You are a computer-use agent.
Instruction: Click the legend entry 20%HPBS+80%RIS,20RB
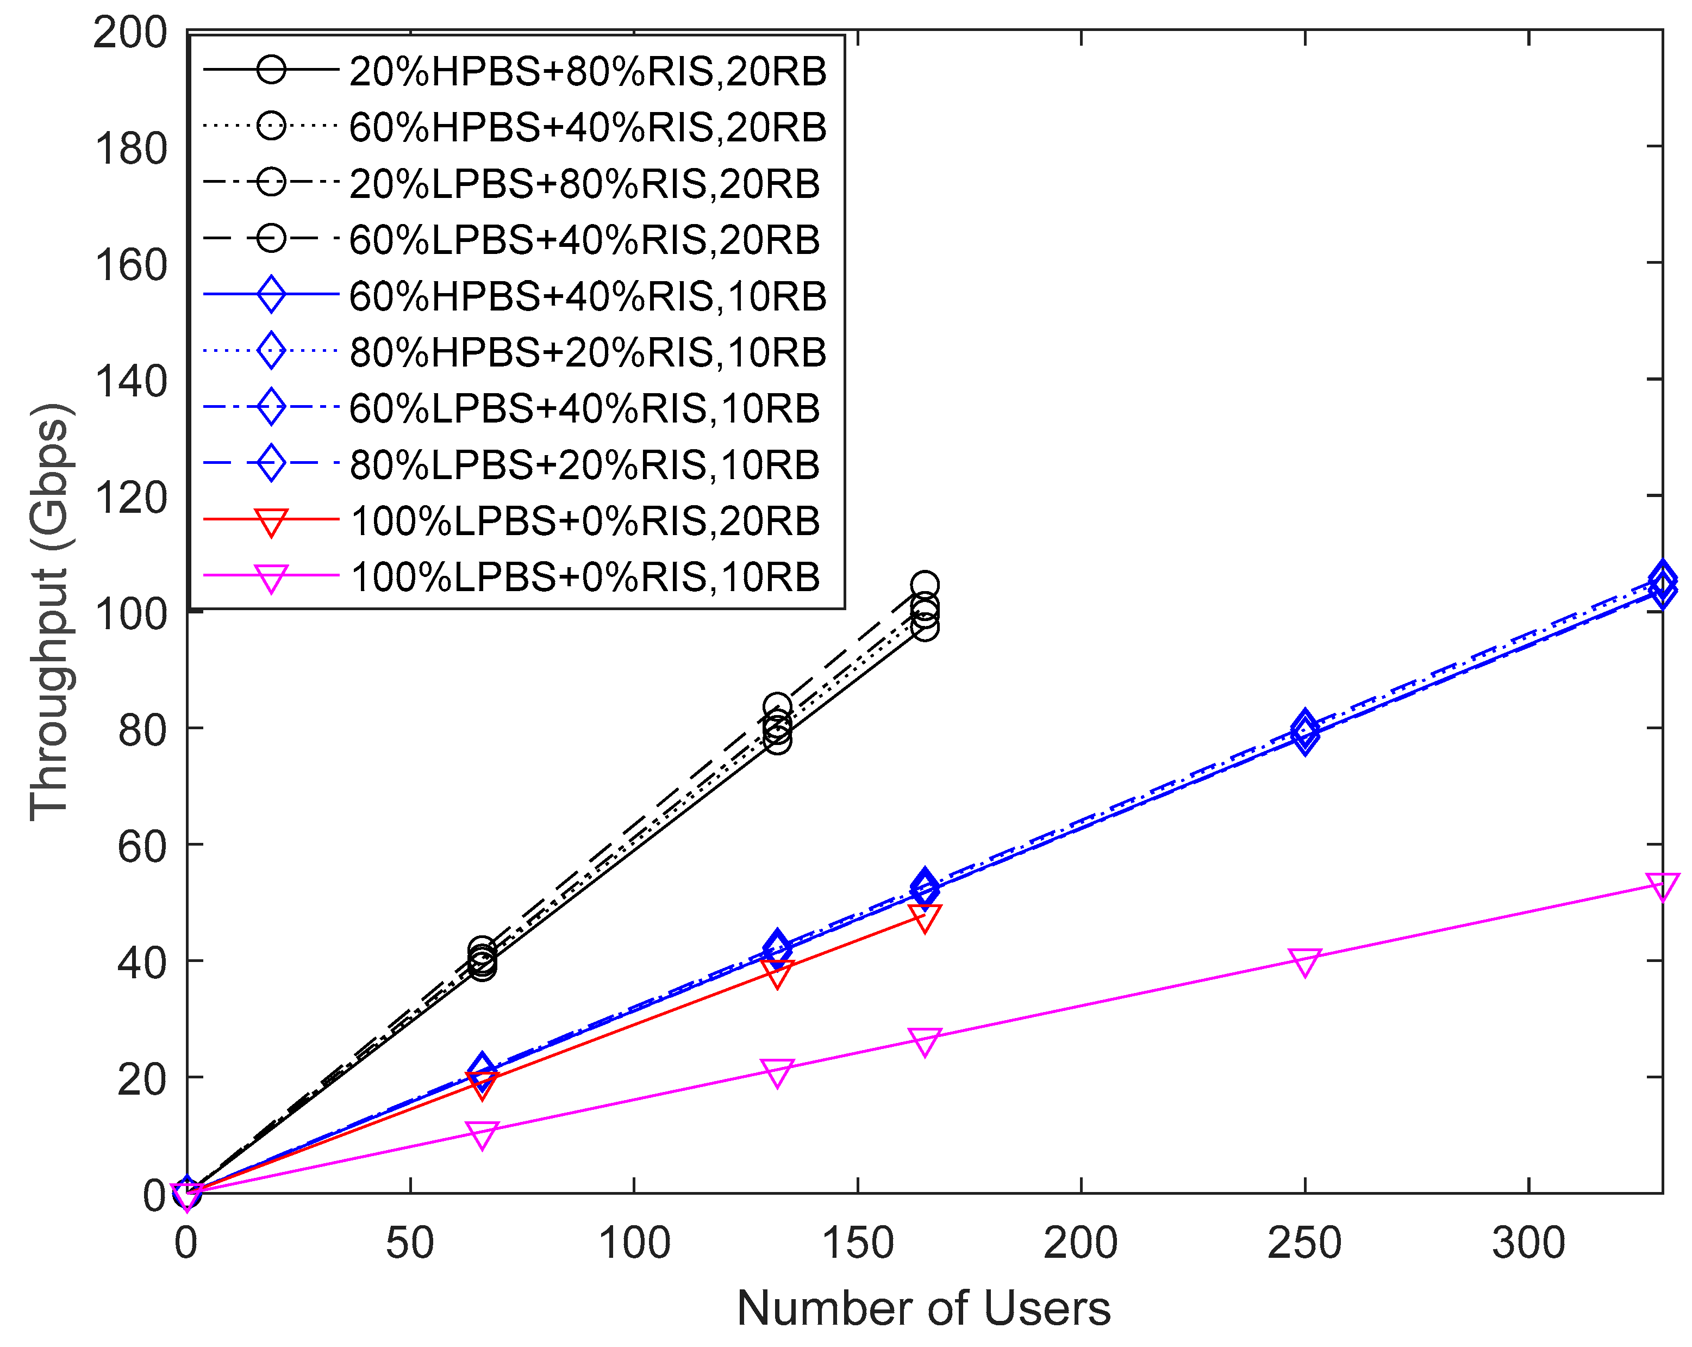[587, 71]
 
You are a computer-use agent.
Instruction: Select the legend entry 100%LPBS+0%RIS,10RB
[585, 577]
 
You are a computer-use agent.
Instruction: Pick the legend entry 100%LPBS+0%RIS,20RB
[585, 521]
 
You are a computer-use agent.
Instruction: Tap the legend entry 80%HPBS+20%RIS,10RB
[587, 352]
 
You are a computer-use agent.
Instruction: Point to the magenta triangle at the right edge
[1662, 885]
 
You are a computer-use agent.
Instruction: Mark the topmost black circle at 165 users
[925, 585]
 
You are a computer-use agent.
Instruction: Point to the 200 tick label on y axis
[129, 33]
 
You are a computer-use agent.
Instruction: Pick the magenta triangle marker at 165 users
[925, 1041]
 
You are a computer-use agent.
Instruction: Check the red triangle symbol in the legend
[271, 521]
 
